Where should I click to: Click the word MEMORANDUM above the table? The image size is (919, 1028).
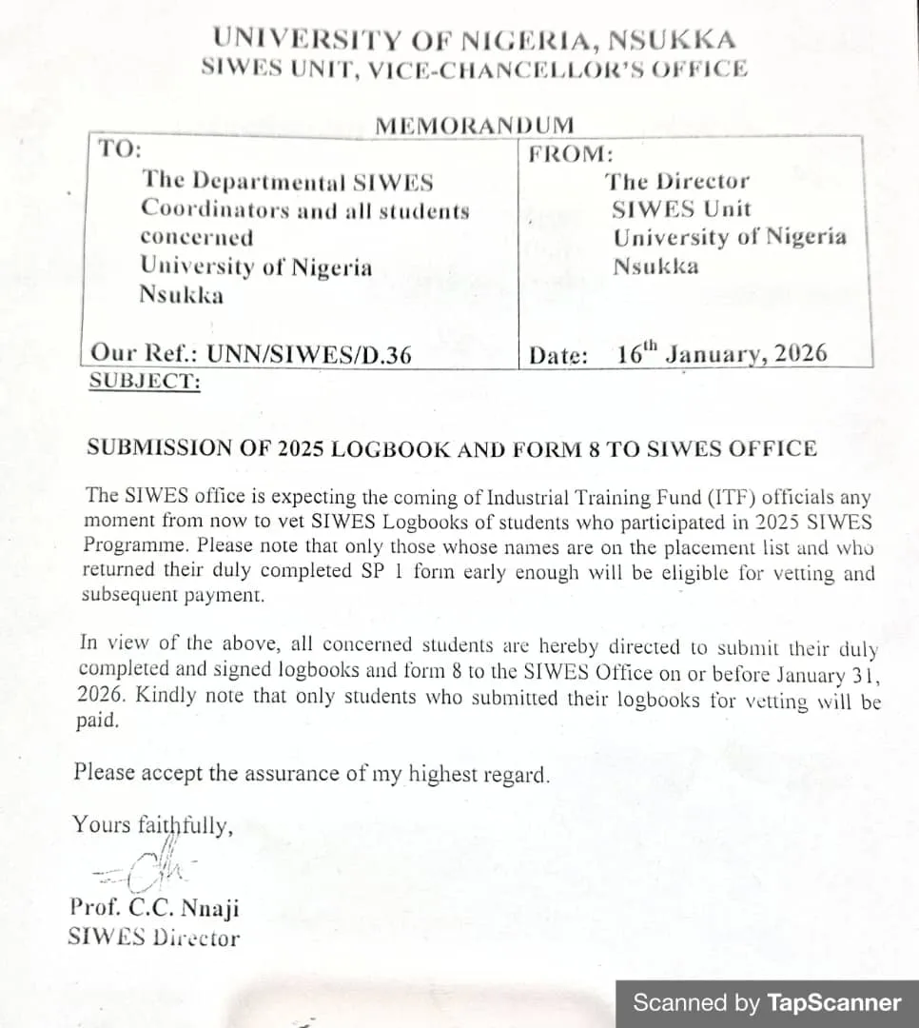(475, 126)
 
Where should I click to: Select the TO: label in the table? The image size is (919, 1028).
(120, 149)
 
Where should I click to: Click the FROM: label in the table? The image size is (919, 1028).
(571, 154)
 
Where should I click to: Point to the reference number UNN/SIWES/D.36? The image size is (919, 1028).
(310, 355)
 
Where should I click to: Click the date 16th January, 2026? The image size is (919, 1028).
(721, 354)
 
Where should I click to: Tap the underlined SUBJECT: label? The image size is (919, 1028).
(145, 382)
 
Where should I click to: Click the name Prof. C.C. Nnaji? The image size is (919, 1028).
(154, 907)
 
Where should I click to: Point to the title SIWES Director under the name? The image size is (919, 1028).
(153, 938)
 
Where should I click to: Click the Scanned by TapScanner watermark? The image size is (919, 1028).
(767, 1002)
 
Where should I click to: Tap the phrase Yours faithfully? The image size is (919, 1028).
(152, 824)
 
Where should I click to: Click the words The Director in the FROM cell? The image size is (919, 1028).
(678, 181)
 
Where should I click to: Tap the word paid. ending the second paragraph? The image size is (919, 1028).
(98, 721)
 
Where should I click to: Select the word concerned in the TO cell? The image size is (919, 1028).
(197, 238)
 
